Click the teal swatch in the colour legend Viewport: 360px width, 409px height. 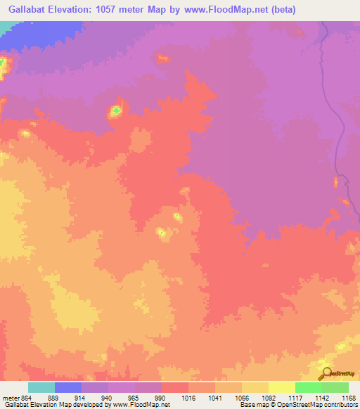click(41, 387)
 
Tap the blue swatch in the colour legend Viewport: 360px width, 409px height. click(68, 387)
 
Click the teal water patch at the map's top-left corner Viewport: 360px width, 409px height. click(6, 27)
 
